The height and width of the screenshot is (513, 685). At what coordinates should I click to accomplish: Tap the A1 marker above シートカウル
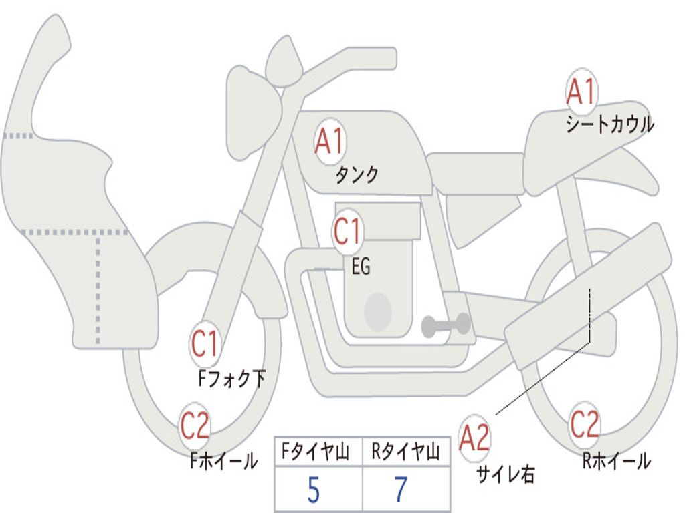coord(581,92)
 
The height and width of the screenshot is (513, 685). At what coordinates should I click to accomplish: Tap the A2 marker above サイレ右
coord(474,439)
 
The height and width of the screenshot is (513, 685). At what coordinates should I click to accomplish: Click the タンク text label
coord(356,175)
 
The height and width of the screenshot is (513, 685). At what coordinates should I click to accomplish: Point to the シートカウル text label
coord(609,125)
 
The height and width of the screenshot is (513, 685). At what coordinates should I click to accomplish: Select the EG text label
coord(361,267)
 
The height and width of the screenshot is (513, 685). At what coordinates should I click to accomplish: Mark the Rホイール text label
coord(616,461)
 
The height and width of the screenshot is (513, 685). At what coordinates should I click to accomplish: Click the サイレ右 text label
coord(505,474)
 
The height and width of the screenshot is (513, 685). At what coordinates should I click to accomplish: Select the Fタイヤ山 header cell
coord(318,453)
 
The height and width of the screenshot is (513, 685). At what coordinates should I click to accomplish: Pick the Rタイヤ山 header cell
coord(405,453)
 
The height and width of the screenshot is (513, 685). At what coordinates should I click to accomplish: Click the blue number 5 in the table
coord(313,491)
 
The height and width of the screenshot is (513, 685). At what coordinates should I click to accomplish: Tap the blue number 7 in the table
coord(401,491)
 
